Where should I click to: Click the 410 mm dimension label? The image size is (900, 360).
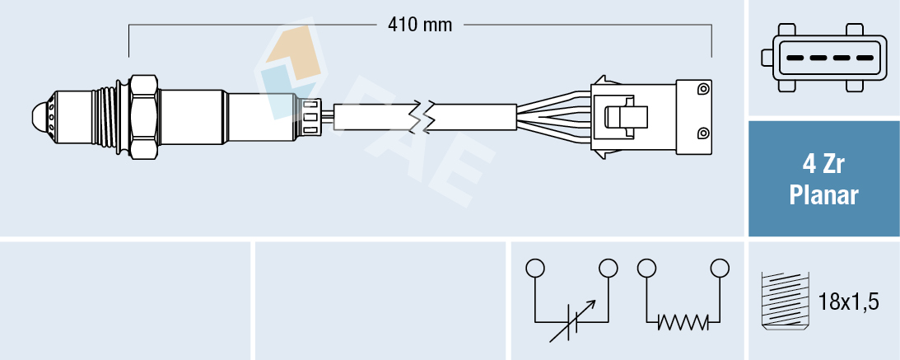click(x=420, y=25)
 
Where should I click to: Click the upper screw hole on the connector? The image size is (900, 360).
click(x=702, y=88)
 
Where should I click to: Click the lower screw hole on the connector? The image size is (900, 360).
click(x=702, y=133)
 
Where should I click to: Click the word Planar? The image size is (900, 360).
click(x=823, y=195)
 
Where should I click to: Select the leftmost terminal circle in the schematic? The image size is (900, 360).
click(x=535, y=268)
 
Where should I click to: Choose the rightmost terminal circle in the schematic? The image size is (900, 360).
click(x=720, y=268)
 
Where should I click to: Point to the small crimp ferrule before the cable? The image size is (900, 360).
click(x=312, y=116)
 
